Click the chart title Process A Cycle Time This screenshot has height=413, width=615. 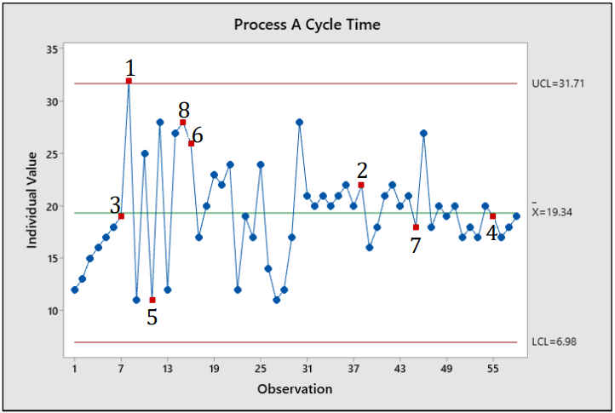307,25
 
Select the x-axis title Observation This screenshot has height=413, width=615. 295,389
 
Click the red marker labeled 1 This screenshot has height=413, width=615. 129,81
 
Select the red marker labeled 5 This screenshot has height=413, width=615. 152,300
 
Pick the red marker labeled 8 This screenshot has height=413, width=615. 183,123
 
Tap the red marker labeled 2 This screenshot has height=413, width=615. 361,185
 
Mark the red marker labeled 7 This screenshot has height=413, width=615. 416,227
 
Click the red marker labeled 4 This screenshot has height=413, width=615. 493,216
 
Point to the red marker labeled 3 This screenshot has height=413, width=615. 121,216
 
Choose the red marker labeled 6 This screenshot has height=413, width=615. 191,143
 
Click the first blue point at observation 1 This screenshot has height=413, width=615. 75,290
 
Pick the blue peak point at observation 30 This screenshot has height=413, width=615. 299,123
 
